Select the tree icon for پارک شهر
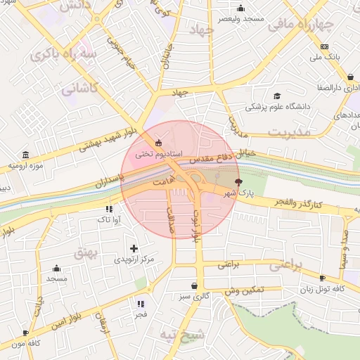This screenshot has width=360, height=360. point(246,181)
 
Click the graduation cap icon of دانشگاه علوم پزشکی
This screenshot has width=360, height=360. point(277,96)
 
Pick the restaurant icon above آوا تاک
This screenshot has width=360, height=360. point(108,209)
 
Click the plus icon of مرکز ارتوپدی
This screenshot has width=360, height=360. point(134,248)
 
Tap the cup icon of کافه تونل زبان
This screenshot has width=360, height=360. point(322,278)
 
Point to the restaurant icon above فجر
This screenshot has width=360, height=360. point(141,304)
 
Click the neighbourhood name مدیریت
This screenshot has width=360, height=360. point(288,131)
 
